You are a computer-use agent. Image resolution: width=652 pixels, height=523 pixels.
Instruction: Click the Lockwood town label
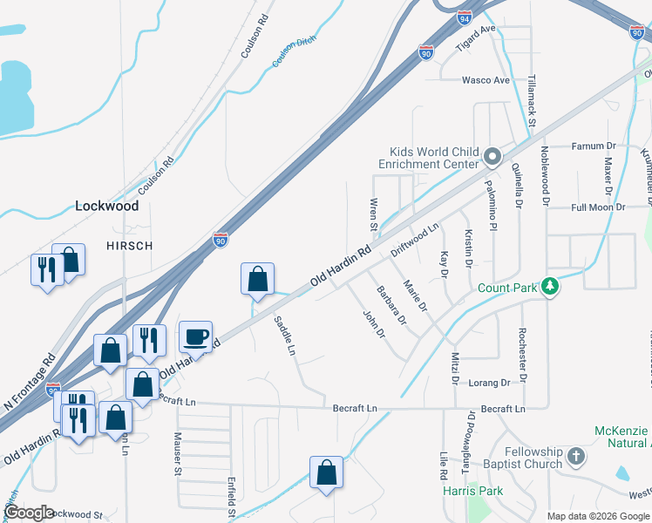coord(107,207)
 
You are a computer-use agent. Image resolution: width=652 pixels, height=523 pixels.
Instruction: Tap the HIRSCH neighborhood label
coord(129,246)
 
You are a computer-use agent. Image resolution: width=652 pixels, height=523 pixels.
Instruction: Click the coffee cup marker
coord(195,336)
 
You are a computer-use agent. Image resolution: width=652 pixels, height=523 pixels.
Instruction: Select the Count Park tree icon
coord(549,287)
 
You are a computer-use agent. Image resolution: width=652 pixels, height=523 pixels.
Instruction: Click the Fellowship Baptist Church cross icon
coord(575,457)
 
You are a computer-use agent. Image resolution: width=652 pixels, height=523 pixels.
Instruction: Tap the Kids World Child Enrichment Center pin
coord(492,158)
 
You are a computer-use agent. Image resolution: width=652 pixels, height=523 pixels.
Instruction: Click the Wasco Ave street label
coord(486,80)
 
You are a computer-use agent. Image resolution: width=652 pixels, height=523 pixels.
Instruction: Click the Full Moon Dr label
coord(598,207)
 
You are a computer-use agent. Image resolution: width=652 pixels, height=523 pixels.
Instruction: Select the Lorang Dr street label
coord(488,383)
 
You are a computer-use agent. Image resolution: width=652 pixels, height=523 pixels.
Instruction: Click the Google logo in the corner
coord(29,513)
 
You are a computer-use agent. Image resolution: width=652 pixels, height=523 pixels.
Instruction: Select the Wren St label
coord(373,214)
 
